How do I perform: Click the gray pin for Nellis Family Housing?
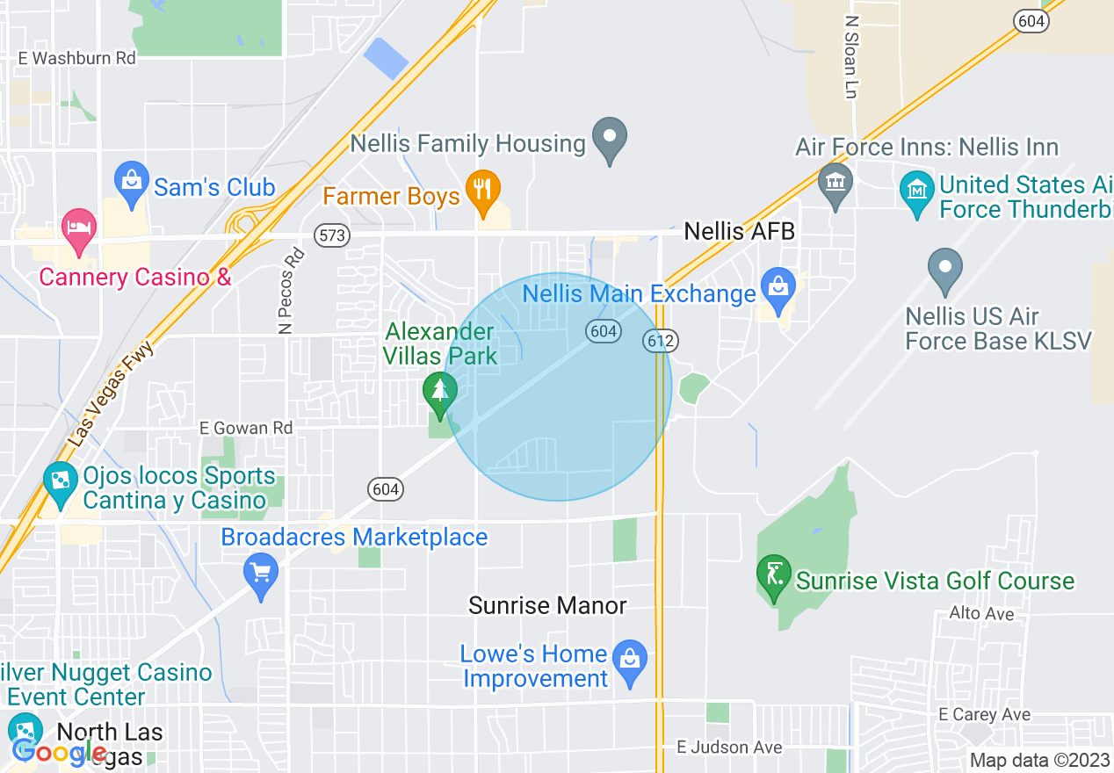click(x=609, y=139)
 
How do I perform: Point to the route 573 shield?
click(x=332, y=235)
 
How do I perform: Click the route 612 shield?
click(x=659, y=340)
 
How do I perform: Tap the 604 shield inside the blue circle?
click(x=604, y=330)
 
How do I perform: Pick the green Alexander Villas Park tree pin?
click(x=439, y=393)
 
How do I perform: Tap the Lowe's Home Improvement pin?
click(x=629, y=661)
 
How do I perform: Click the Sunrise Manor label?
click(x=547, y=605)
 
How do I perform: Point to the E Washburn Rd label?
click(x=77, y=58)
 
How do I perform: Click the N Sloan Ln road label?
click(x=850, y=56)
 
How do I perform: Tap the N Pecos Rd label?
click(x=291, y=291)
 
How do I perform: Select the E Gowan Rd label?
click(x=246, y=428)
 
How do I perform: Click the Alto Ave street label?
click(x=981, y=614)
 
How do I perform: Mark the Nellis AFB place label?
click(x=739, y=232)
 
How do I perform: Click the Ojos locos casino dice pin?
click(x=61, y=482)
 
